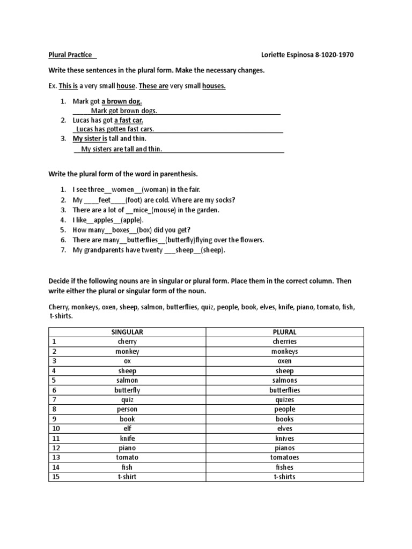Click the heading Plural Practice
pyautogui.click(x=69, y=55)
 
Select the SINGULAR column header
pyautogui.click(x=127, y=332)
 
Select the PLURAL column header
pyautogui.click(x=284, y=332)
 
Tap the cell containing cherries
pyautogui.click(x=284, y=342)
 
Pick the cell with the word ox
pyautogui.click(x=127, y=361)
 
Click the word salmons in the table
pyautogui.click(x=284, y=380)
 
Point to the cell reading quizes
pyautogui.click(x=284, y=399)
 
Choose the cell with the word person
pyautogui.click(x=127, y=409)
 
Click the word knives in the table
pyautogui.click(x=284, y=438)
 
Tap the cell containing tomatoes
pyautogui.click(x=284, y=457)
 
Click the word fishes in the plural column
pyautogui.click(x=284, y=467)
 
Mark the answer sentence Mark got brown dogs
pyautogui.click(x=123, y=111)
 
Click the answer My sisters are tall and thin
pyautogui.click(x=121, y=150)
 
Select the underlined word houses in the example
pyautogui.click(x=214, y=86)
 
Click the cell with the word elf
pyautogui.click(x=127, y=428)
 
